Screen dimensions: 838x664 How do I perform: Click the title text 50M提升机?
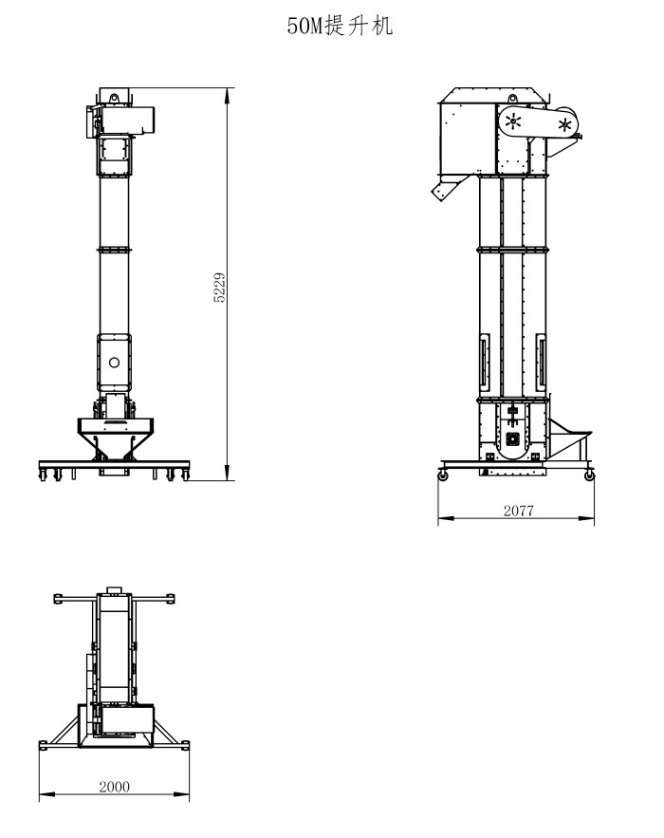coord(340,28)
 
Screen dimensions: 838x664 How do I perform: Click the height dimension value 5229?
coord(220,287)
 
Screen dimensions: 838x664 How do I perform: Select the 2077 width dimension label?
coord(518,510)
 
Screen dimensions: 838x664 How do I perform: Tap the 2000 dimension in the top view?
coord(114,786)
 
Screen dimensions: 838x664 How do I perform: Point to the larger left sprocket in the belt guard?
coord(513,121)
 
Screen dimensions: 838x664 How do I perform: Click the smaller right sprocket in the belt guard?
coord(565,123)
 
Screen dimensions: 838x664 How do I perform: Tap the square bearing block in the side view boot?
coord(513,438)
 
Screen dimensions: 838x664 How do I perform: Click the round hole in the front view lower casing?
coord(114,362)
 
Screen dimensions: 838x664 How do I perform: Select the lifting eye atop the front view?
coord(114,98)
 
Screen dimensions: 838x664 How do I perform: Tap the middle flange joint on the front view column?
coord(114,249)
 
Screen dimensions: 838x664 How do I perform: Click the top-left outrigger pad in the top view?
coord(58,598)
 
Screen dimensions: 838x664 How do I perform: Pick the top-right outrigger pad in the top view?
coord(172,598)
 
